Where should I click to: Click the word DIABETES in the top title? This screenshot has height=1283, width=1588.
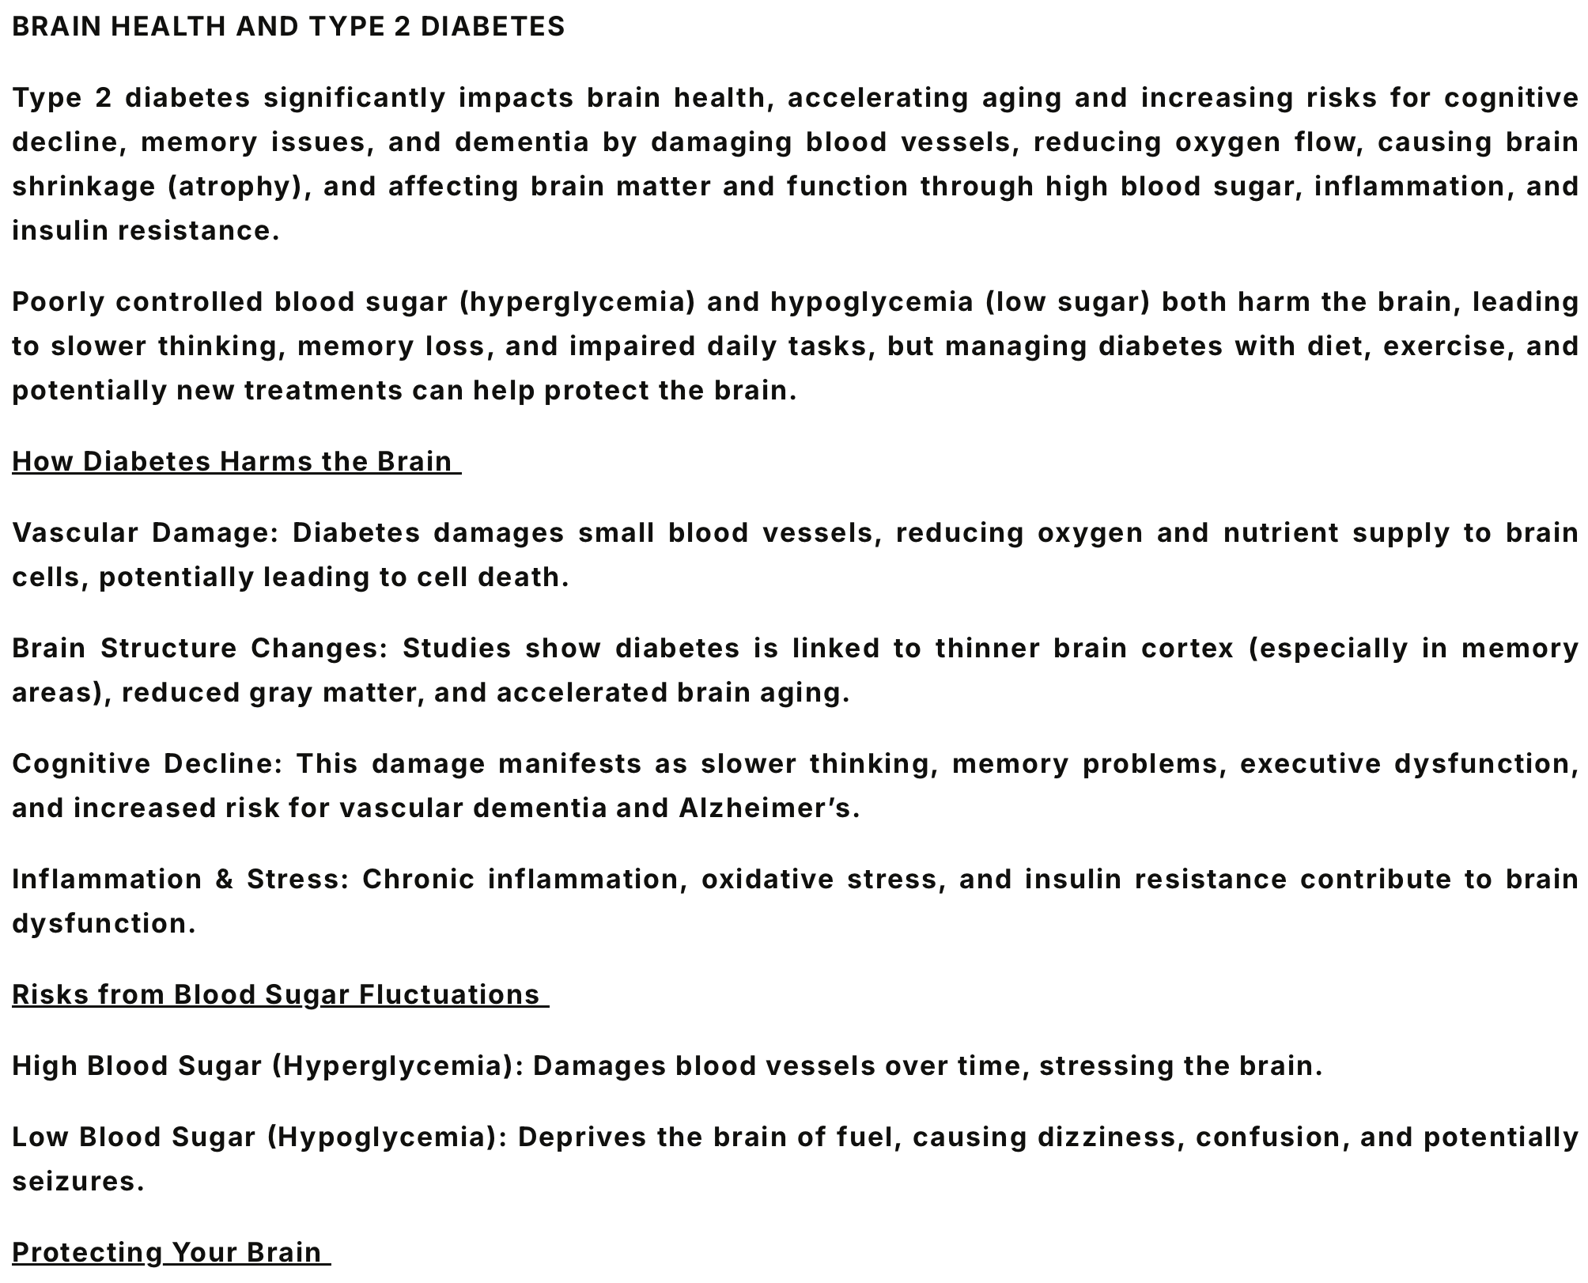493,27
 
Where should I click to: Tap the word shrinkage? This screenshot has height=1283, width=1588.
84,187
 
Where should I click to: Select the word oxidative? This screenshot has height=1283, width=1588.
767,879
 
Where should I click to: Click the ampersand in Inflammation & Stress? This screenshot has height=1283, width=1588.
225,879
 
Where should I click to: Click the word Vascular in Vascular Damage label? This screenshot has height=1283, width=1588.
75,532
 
